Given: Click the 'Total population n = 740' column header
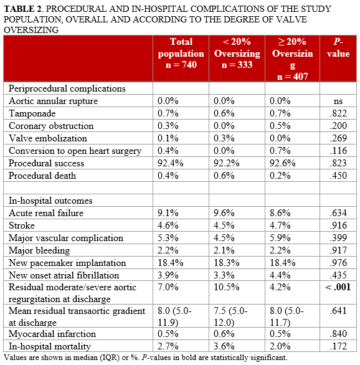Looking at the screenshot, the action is click(x=181, y=54).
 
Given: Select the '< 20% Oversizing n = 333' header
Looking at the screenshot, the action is click(x=237, y=54).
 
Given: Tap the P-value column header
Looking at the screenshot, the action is click(x=338, y=48).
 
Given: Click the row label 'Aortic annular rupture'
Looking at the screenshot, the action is click(x=53, y=101).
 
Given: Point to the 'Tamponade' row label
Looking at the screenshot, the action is click(x=32, y=113).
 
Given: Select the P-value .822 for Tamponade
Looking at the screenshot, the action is click(x=338, y=113).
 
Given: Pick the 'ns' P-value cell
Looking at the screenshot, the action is click(x=338, y=101).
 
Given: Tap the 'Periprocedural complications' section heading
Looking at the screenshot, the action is click(x=67, y=88).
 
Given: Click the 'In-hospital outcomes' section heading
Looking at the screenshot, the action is click(x=50, y=201).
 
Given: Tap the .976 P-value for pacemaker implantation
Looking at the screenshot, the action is click(x=338, y=263).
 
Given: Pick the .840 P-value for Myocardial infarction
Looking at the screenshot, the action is click(x=338, y=334).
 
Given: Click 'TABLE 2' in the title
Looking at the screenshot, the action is click(x=24, y=9).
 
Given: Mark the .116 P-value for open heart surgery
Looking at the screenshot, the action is click(x=338, y=151).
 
